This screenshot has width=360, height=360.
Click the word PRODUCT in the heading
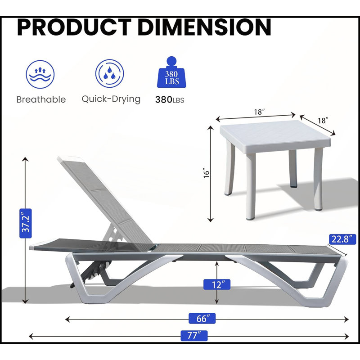(74, 27)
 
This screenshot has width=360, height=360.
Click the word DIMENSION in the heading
(204, 27)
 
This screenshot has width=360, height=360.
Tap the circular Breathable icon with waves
(40, 74)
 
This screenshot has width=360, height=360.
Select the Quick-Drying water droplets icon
(109, 73)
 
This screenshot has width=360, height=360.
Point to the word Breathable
(41, 99)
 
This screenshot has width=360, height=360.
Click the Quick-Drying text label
(111, 99)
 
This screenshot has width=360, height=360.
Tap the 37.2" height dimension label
(26, 223)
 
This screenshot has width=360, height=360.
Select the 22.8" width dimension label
(342, 239)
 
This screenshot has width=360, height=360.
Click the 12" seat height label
(217, 284)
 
